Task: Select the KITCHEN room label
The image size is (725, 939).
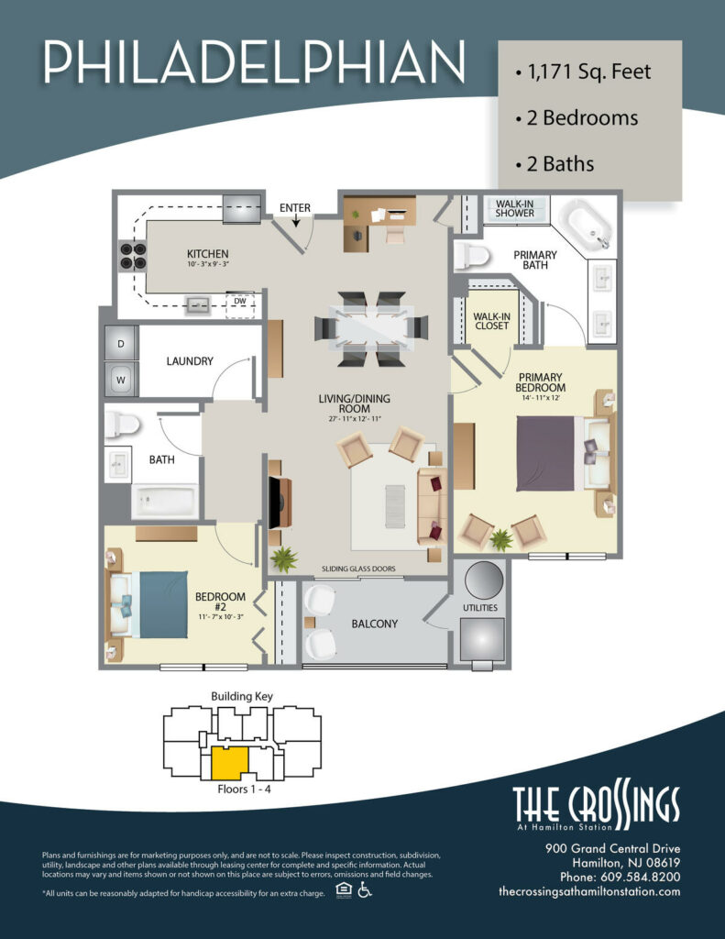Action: [207, 254]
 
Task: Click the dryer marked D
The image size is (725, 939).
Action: [121, 344]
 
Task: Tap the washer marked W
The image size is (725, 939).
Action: [121, 376]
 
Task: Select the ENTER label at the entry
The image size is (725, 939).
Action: [295, 208]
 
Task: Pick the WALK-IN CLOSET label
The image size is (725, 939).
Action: [490, 321]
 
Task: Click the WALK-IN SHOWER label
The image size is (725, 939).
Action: [514, 207]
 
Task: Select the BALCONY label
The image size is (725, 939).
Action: [374, 624]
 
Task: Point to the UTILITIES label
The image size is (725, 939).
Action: [480, 607]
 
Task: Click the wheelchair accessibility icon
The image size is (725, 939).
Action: [364, 890]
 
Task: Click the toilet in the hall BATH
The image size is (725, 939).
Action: [121, 424]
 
